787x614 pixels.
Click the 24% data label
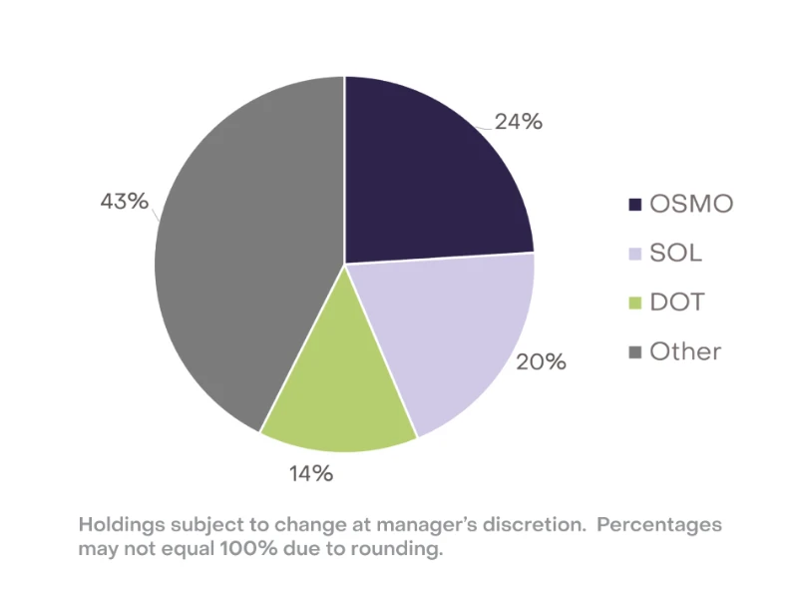coord(520,123)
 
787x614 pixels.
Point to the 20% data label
coord(541,361)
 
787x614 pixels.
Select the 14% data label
coord(311,473)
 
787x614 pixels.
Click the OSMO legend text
coord(691,205)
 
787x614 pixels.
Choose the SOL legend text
coord(675,254)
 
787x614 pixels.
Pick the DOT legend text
coord(676,303)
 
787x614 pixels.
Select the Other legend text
coord(685,351)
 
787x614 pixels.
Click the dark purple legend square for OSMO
coord(634,205)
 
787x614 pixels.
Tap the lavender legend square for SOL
coord(634,254)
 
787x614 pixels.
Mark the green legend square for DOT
coord(634,303)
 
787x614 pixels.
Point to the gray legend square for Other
coord(634,351)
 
